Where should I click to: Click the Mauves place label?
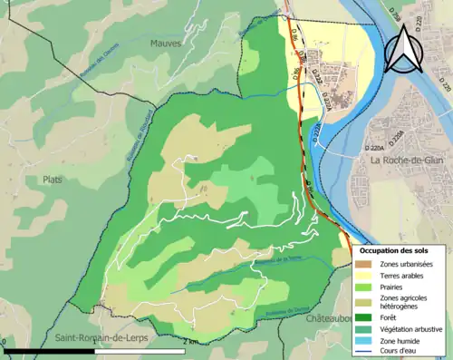[167, 43]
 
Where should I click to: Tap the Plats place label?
[55, 180]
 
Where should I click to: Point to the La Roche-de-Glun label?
[407, 161]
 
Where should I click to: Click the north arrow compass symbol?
[403, 49]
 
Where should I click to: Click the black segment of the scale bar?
[50, 350]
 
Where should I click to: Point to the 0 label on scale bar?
[4, 341]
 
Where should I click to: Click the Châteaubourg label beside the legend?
[328, 320]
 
